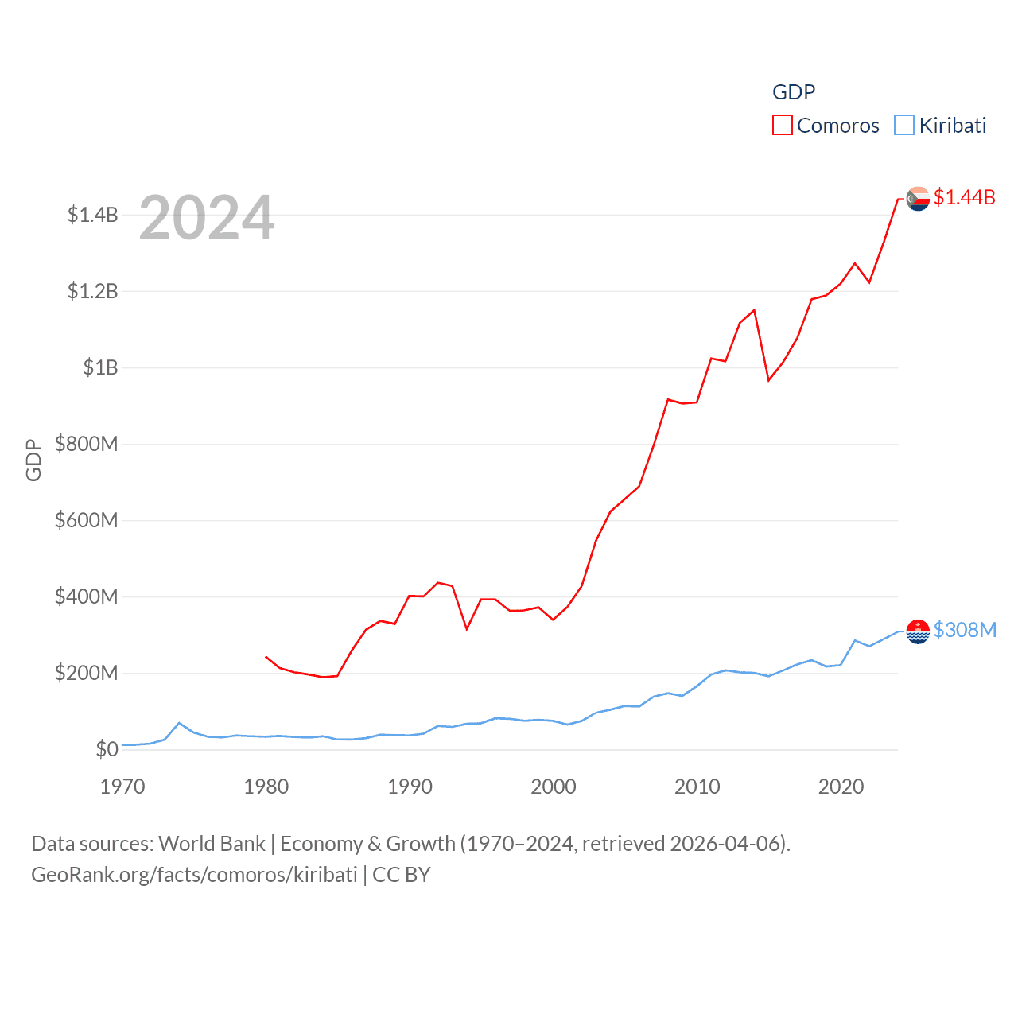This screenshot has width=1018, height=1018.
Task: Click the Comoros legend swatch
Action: pos(783,126)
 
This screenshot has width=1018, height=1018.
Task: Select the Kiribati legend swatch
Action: pos(904,126)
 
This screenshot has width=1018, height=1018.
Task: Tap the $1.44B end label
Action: pos(964,197)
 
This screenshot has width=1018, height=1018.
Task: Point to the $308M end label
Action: pos(965,630)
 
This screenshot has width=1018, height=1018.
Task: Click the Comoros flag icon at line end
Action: pos(918,199)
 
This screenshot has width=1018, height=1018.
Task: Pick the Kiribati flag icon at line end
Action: pos(918,631)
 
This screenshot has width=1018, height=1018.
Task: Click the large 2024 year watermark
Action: pos(207,218)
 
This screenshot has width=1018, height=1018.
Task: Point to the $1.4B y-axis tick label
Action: pos(92,215)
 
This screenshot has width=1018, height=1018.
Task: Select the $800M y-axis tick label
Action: pos(86,444)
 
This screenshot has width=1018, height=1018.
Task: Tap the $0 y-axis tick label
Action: pos(107,749)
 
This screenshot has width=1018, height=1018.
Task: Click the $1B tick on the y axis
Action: pos(100,367)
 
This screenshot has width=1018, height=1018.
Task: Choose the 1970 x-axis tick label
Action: pos(122,787)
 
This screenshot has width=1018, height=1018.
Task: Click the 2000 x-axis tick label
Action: pos(554,787)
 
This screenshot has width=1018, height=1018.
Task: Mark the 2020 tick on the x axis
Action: pos(841,787)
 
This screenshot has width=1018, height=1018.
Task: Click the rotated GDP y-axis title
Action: pos(33,460)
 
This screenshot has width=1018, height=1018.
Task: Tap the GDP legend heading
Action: pos(794,92)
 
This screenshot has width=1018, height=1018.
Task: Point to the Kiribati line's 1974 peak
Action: pos(179,723)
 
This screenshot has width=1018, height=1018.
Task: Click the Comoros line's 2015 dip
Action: pos(768,380)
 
